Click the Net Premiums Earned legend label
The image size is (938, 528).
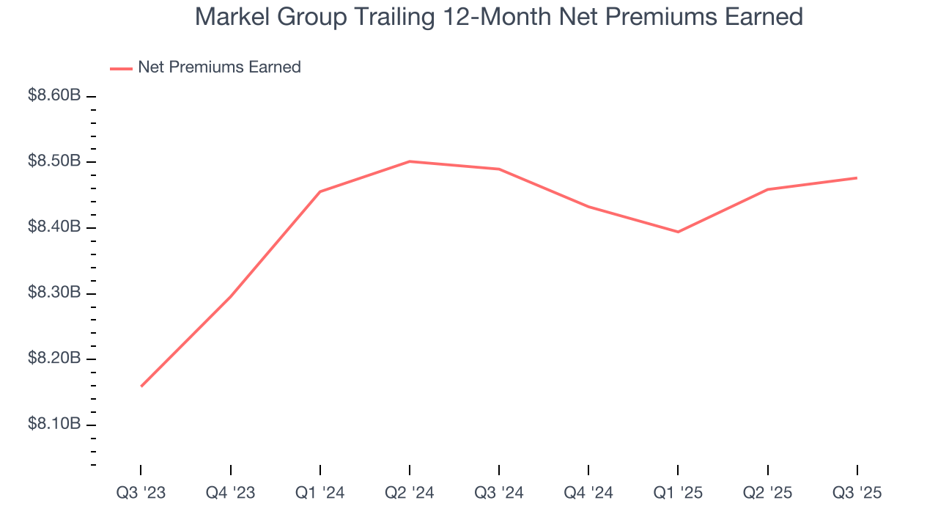tap(219, 67)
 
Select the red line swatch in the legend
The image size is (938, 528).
tap(121, 68)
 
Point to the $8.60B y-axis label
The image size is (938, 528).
tap(54, 96)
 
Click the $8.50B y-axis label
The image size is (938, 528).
tap(54, 161)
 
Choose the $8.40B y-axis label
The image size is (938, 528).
tap(54, 227)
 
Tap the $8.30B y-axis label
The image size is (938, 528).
tap(54, 293)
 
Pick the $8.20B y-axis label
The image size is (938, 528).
tap(54, 359)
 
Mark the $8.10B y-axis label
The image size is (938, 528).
tap(54, 425)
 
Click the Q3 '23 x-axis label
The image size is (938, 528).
tap(141, 494)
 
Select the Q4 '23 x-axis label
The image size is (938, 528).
tap(231, 494)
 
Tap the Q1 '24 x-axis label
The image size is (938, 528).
tap(320, 494)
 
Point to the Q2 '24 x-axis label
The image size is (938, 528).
tap(410, 494)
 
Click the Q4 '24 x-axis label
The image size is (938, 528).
tap(588, 494)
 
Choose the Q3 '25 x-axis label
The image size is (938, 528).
tap(857, 494)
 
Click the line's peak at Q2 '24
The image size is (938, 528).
tap(410, 161)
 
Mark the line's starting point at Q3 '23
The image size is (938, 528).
tap(141, 386)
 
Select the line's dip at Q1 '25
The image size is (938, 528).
tap(678, 232)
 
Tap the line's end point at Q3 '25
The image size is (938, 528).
tap(857, 177)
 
